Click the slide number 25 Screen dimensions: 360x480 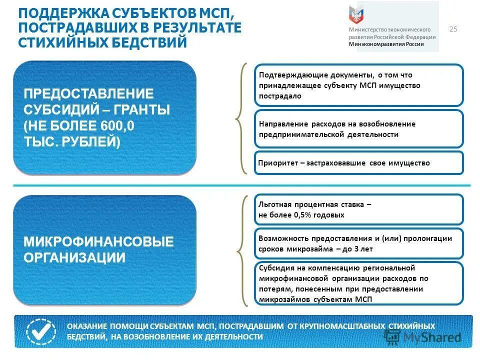tap(454, 29)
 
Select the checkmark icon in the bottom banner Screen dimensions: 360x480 tap(41, 331)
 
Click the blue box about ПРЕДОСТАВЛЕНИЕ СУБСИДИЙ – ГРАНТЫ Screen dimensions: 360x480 tap(104, 117)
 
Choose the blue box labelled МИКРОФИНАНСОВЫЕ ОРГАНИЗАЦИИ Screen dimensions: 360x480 tap(104, 250)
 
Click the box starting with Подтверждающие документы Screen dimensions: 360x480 tap(358, 85)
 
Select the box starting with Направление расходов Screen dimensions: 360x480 tap(358, 129)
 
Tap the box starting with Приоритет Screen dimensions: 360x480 tap(358, 163)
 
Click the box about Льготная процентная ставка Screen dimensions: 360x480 tap(358, 209)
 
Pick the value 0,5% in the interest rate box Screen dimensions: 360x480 tap(307, 215)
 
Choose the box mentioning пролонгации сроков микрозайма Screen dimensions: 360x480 tap(358, 243)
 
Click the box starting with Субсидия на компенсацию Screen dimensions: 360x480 tap(358, 283)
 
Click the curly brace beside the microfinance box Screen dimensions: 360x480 tap(241, 250)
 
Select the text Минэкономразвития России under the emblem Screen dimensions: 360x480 tap(386, 44)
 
